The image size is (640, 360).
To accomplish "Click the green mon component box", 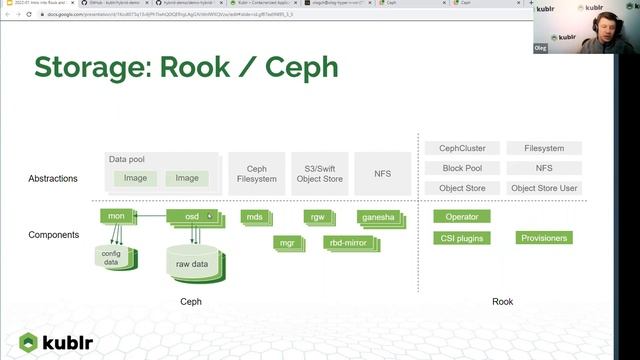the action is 117,216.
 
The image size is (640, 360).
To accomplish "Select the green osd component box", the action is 191,216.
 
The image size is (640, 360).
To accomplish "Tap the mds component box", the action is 254,216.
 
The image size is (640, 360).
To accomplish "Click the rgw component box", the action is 317,216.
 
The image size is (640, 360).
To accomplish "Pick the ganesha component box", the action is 378,216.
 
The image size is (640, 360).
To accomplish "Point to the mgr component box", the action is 285,241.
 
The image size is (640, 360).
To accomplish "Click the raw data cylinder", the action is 191,262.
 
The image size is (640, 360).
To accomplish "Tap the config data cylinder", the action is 111,257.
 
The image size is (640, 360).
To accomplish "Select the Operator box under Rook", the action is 462,216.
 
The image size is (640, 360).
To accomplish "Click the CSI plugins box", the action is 462,238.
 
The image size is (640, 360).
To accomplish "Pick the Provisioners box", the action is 544,238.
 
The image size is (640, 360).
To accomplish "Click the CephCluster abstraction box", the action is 462,148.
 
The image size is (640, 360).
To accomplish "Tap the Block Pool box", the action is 462,168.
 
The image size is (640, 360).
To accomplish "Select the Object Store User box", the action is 544,188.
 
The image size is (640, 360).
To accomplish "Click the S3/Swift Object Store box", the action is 320,174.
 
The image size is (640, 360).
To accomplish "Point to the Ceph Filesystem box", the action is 256,174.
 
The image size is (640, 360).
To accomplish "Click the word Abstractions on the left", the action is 53,179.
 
